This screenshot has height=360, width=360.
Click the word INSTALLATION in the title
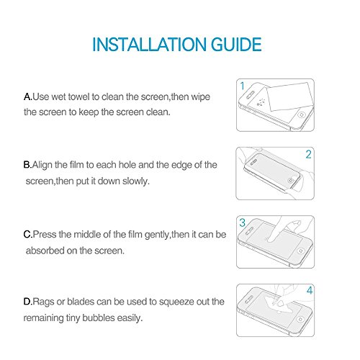click(150, 45)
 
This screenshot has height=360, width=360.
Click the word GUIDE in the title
click(236, 45)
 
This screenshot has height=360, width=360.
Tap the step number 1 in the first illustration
click(243, 86)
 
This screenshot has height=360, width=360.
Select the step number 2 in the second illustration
click(308, 154)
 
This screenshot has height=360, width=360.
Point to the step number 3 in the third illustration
click(243, 222)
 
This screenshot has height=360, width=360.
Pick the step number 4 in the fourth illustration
click(310, 290)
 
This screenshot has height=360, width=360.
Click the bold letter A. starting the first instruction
click(28, 96)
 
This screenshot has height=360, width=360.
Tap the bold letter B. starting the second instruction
click(27, 165)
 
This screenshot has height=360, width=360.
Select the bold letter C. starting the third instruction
click(28, 235)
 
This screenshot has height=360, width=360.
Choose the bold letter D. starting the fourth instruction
click(28, 302)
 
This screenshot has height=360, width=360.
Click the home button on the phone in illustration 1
click(302, 114)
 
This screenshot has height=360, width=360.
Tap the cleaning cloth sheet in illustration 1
click(290, 96)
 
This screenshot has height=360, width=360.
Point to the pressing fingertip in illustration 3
click(271, 238)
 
